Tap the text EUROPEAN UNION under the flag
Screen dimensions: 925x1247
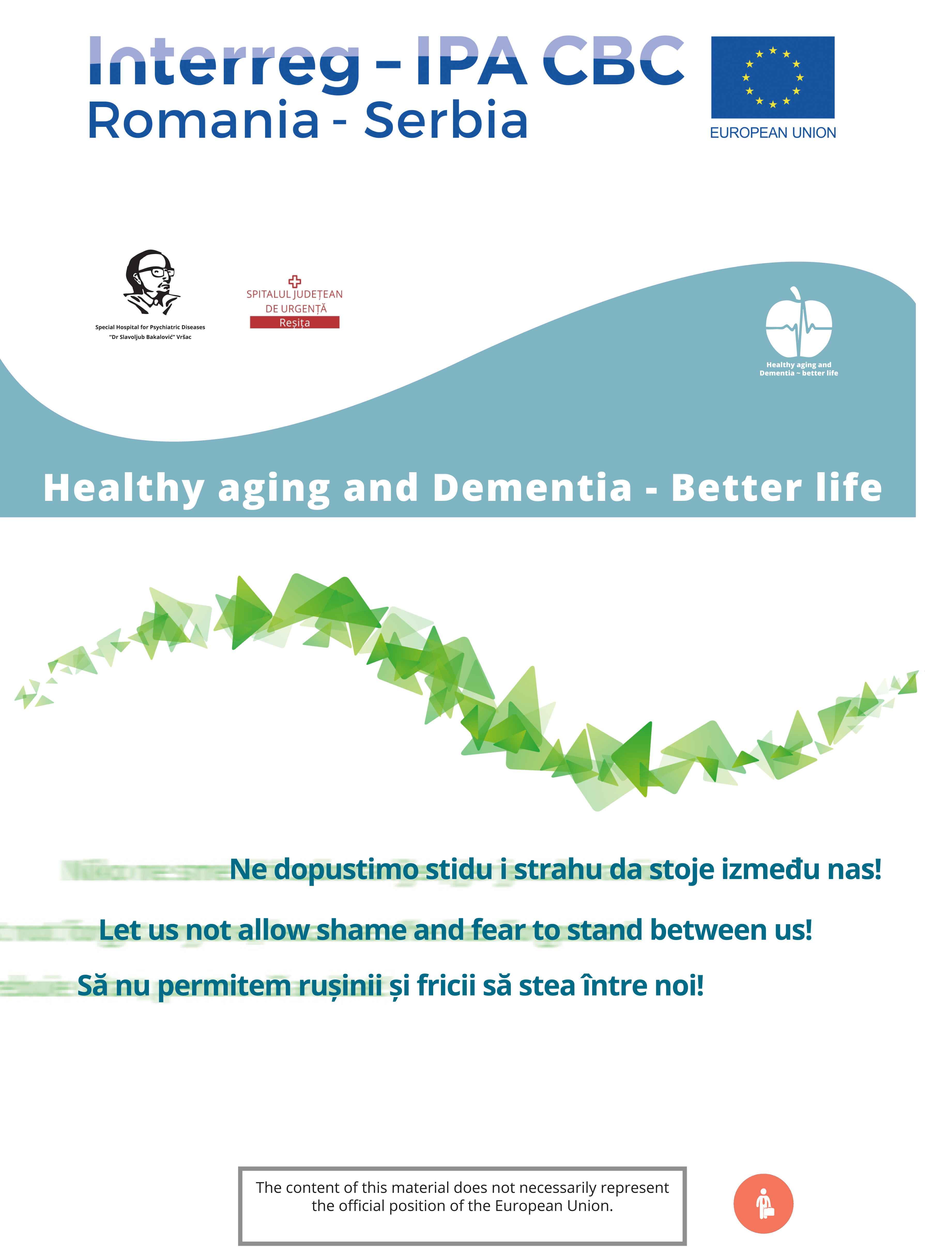click(x=773, y=133)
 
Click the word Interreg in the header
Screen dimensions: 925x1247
click(x=224, y=63)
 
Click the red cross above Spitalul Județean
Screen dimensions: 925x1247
click(x=295, y=281)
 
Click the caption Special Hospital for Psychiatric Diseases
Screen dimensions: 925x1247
click(x=150, y=327)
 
